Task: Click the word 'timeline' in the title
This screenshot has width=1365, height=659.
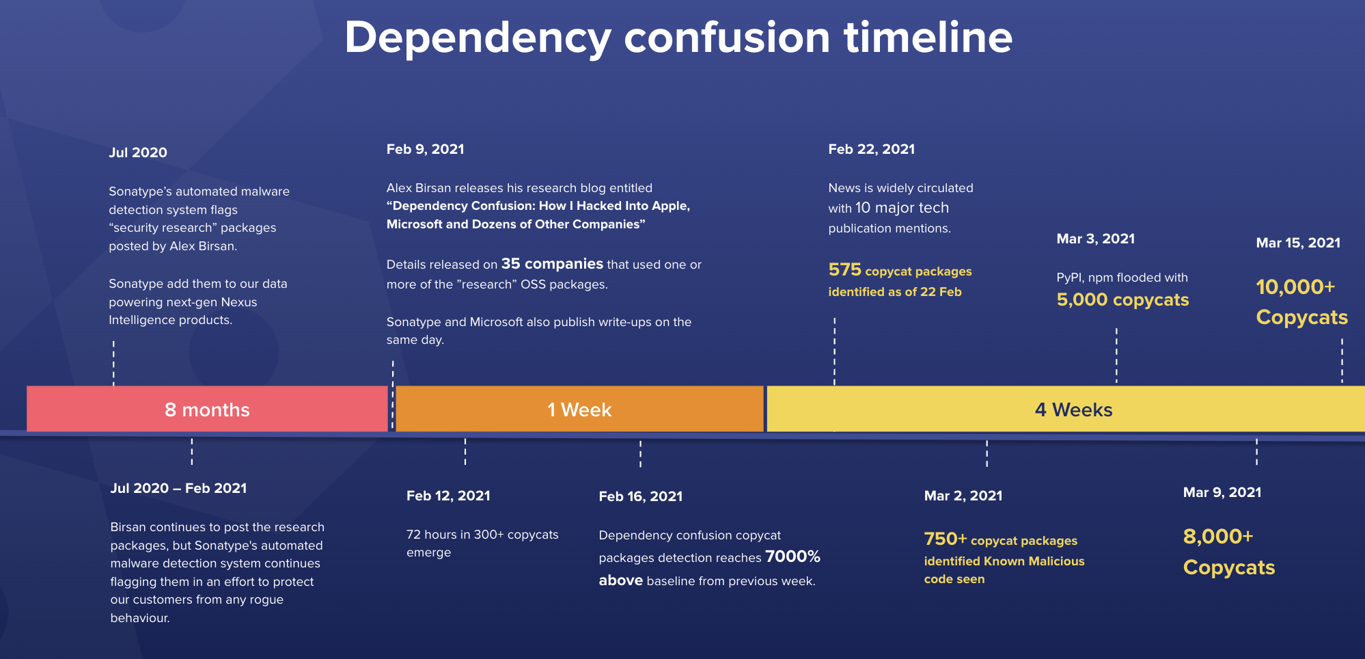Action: point(928,37)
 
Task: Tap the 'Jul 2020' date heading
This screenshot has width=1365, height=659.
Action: point(138,152)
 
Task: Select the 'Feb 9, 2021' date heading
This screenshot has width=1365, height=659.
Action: point(425,149)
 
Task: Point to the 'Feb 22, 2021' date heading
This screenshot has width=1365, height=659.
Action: point(871,149)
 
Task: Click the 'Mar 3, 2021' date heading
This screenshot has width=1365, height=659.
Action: point(1095,239)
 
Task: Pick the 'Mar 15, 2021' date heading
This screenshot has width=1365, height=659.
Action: point(1298,243)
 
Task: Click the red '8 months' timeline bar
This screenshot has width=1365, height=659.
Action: point(207,409)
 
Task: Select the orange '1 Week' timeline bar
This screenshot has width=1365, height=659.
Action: point(579,409)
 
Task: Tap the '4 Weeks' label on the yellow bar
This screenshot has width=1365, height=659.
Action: point(1073,409)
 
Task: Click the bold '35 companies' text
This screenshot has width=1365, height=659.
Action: point(552,264)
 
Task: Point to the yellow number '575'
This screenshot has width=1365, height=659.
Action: point(844,269)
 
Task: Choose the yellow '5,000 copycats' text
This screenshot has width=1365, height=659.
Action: point(1122,299)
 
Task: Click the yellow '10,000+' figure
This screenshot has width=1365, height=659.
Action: point(1295,286)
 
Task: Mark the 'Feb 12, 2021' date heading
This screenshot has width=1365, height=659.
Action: point(448,496)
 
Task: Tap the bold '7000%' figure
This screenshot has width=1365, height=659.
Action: point(792,556)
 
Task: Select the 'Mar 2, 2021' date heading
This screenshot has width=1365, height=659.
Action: point(963,496)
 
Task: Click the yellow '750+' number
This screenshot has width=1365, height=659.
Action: point(946,539)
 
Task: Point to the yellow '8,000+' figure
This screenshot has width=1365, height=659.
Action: point(1218,536)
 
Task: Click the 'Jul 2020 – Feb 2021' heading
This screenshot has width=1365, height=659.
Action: point(178,488)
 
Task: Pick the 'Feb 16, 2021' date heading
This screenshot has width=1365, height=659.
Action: point(640,496)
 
